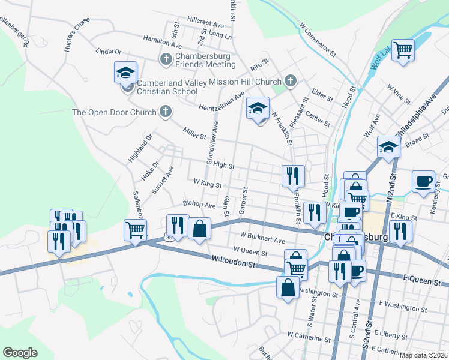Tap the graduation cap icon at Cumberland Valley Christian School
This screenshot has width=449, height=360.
click(126, 74)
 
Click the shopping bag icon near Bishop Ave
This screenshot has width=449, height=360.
click(200, 229)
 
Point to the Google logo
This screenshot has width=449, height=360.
click(20, 352)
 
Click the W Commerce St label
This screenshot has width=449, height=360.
click(319, 37)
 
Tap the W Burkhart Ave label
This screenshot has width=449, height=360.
click(262, 238)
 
